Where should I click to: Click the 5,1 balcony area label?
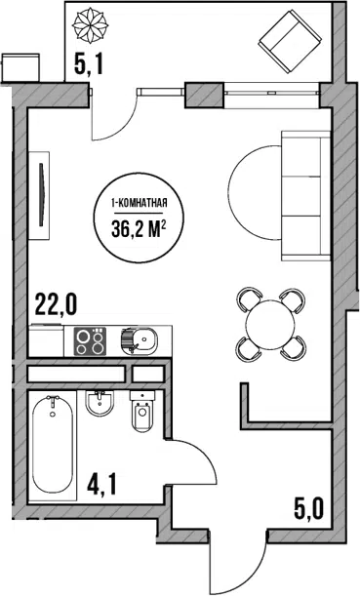coord(88,64)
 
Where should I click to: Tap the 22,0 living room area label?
coord(56,304)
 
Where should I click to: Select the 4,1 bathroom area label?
coord(101,485)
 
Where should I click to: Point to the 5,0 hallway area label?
coord(308,509)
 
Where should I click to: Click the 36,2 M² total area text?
coord(139,229)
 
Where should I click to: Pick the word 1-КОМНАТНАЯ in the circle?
coord(139,203)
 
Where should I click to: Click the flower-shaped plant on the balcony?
coord(90,25)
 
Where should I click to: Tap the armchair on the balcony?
coord(290,41)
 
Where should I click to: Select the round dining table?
coord(270,324)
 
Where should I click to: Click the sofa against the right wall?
coord(305,196)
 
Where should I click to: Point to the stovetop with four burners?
coord(90,341)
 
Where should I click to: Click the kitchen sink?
coord(140,339)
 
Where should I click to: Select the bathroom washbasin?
coord(100,404)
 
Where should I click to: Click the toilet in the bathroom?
coord(142,412)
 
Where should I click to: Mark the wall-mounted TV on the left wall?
coord(41,195)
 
